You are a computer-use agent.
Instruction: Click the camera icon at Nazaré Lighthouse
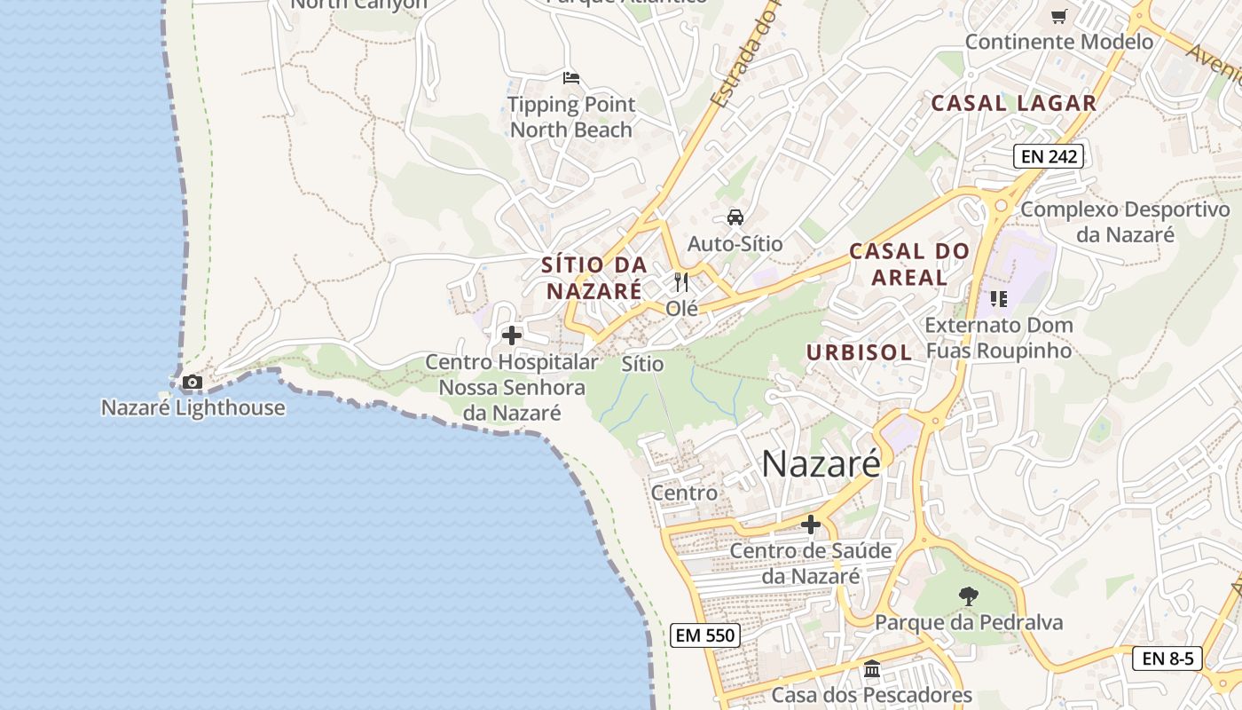coord(192,383)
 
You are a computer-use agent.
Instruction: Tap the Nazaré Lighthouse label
coord(193,408)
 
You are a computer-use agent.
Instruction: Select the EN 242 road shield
coord(1049,157)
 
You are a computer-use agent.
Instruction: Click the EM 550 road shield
coord(704,635)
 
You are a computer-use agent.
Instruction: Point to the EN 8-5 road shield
coord(1167,659)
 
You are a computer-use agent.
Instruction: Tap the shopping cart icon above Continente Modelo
coord(1058,17)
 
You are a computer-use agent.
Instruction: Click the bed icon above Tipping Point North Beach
coord(571,78)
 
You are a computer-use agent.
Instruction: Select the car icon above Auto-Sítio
coord(735,217)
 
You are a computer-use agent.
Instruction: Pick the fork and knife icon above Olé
coord(681,282)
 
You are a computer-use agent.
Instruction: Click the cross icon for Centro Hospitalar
coord(512,335)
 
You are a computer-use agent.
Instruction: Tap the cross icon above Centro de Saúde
coord(811,525)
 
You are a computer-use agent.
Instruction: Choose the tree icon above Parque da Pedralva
coord(969,596)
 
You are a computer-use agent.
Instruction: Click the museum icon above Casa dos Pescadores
coord(871,669)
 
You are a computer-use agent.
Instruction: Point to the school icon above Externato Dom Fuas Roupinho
coord(999,299)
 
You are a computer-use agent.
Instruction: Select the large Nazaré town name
coord(821,463)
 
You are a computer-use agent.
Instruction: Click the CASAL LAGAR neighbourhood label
coord(1013,103)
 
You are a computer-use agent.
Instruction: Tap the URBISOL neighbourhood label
coord(859,352)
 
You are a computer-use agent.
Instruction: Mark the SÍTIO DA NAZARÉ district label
coord(593,278)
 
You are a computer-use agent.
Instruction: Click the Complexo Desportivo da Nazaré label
coord(1125,222)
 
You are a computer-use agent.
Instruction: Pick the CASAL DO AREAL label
coord(909,264)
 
